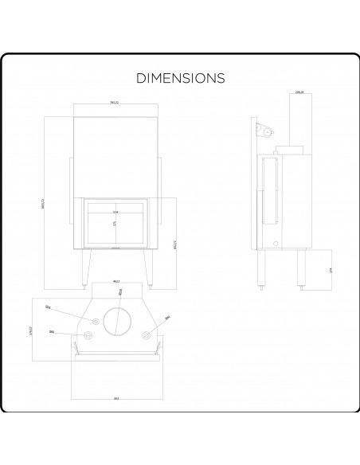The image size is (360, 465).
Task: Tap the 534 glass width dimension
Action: coord(115,213)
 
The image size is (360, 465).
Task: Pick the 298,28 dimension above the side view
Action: coord(299,93)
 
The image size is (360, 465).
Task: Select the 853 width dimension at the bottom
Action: coord(115,397)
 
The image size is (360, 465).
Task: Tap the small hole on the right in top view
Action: coord(145,334)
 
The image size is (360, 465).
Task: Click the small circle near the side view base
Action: coord(276,243)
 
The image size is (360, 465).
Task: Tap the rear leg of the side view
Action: coord(301,269)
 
